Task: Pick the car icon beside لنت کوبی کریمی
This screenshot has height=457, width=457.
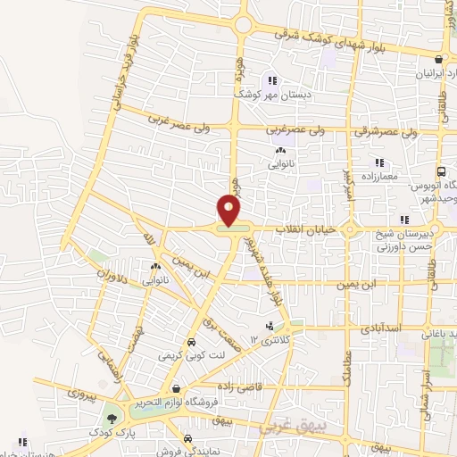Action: [x=190, y=343]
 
